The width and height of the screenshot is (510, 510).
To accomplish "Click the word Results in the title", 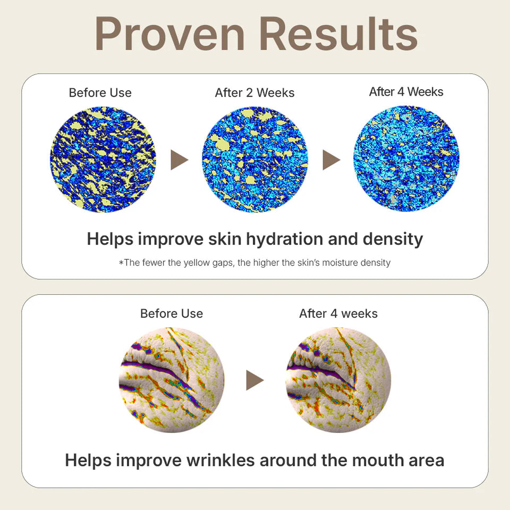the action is click(338, 34).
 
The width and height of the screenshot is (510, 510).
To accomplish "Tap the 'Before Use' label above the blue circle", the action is click(100, 92).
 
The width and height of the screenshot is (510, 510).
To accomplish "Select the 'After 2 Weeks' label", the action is click(254, 92).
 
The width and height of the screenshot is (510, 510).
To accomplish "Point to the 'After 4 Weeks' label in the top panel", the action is click(406, 92).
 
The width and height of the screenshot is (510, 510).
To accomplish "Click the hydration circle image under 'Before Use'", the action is click(103, 159).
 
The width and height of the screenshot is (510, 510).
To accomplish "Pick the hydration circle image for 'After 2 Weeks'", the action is click(255, 159).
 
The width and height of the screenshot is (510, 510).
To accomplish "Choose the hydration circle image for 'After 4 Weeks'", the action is click(406, 159).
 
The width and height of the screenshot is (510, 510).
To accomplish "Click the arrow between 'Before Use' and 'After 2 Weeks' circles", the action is click(180, 160).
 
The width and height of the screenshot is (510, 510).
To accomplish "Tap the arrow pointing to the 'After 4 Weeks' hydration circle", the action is click(331, 160).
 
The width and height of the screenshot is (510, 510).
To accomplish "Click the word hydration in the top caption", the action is click(285, 240).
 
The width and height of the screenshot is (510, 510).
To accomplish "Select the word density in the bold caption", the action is click(393, 240).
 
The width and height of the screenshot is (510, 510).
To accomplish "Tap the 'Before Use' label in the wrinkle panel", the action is click(172, 313).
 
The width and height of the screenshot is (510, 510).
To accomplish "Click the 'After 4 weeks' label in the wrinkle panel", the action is click(338, 313).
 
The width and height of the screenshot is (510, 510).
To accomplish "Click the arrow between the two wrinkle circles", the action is click(255, 380).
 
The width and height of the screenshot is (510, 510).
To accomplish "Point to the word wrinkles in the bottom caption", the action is click(220, 461).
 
